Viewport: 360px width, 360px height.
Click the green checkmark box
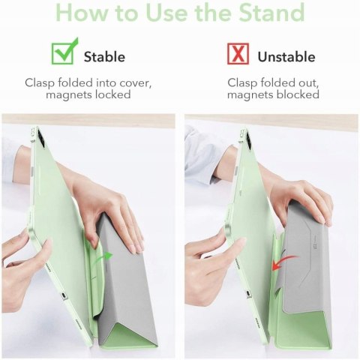pyautogui.click(x=62, y=53)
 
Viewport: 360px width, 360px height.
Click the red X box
pyautogui.click(x=238, y=53)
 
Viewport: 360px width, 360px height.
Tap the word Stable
pyautogui.click(x=104, y=57)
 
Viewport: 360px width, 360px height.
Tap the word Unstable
pyautogui.click(x=286, y=57)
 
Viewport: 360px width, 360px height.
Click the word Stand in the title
pyautogui.click(x=271, y=12)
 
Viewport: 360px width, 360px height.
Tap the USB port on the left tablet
pyautogui.click(x=64, y=295)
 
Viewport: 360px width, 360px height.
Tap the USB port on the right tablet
pyautogui.click(x=249, y=293)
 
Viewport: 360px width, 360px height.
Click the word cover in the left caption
pyautogui.click(x=135, y=82)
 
